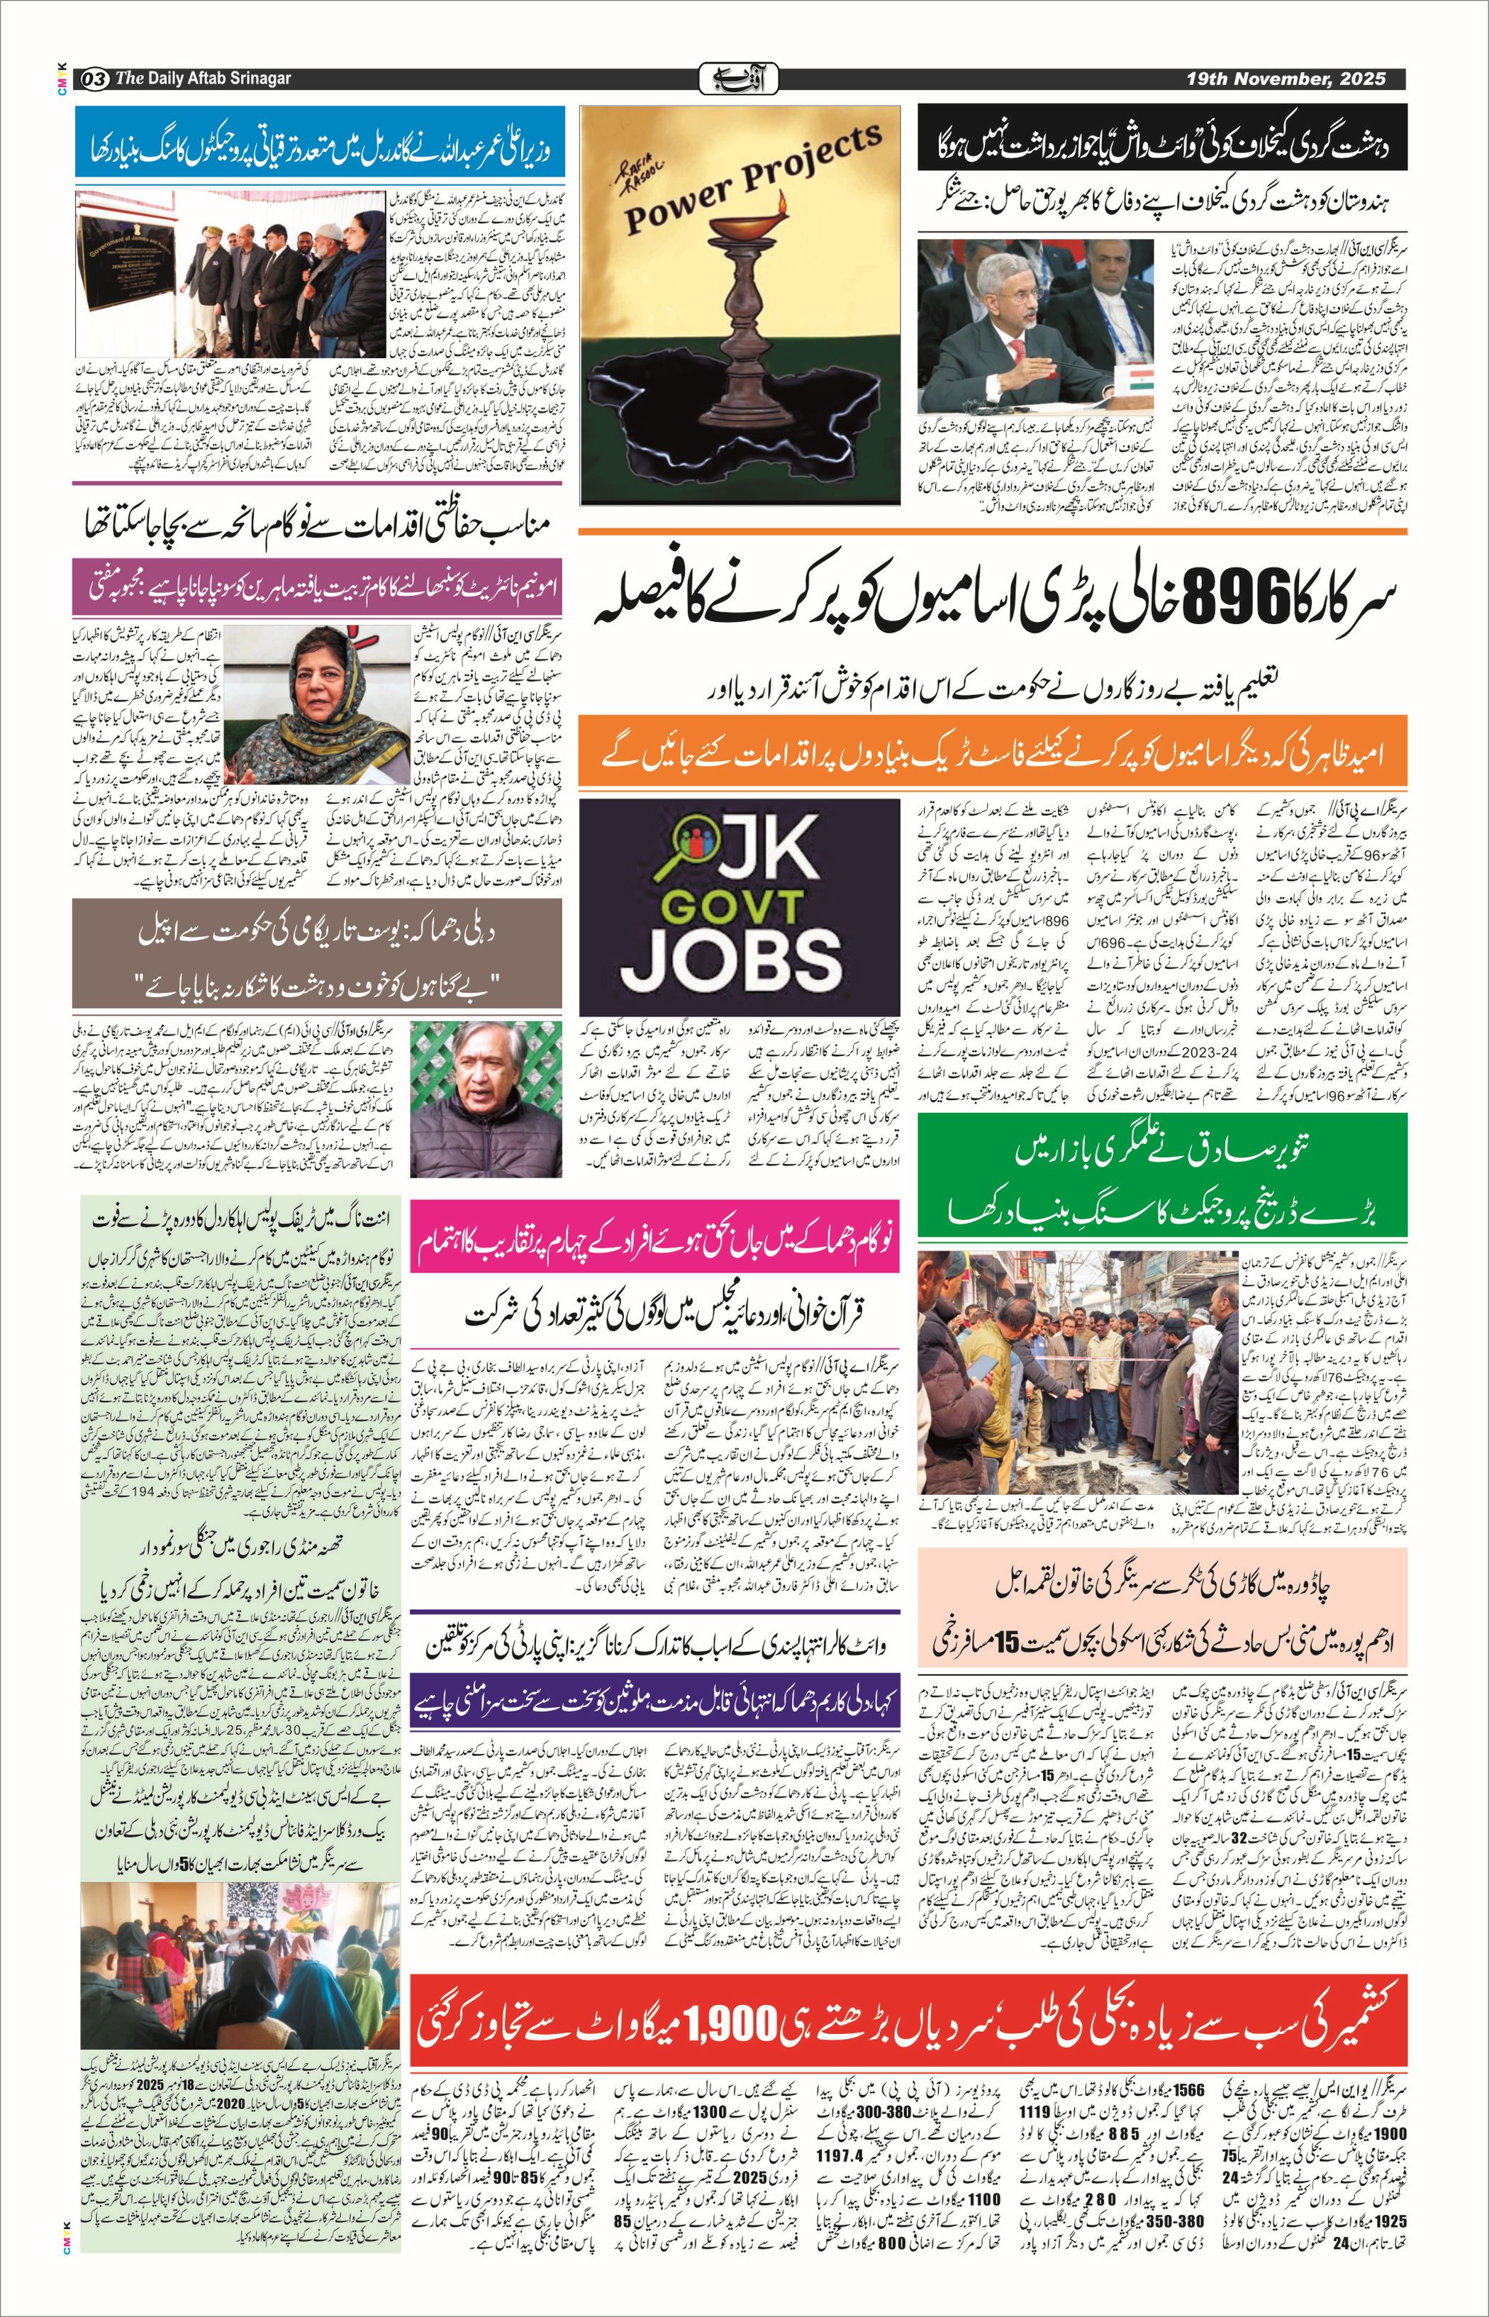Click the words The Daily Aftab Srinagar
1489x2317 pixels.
[x=203, y=78]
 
